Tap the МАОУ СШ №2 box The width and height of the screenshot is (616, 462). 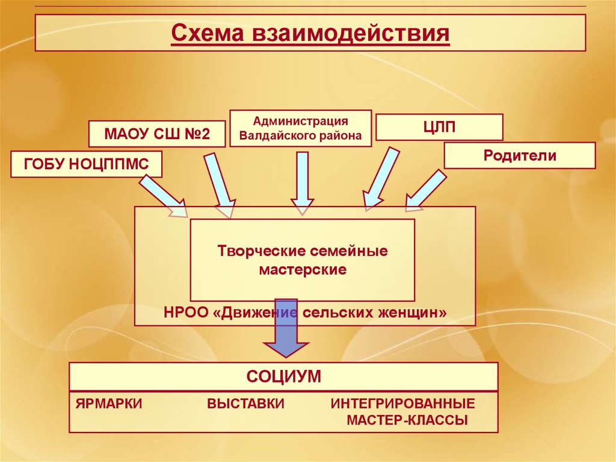pos(158,134)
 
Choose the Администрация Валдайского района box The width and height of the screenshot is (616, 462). pos(300,128)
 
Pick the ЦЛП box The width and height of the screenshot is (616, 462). pos(439,126)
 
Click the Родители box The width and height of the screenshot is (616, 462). pos(520,155)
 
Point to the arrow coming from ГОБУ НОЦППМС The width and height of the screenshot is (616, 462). pos(165,192)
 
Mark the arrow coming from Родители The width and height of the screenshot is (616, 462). pos(425,191)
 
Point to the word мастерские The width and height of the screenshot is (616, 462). pos(303,269)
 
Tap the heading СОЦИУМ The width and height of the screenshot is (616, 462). pos(283,377)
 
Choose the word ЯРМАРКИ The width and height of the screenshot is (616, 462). pos(109,404)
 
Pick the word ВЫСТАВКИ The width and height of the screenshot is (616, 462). pos(245,404)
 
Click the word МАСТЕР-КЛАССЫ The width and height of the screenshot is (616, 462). pos(407,420)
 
